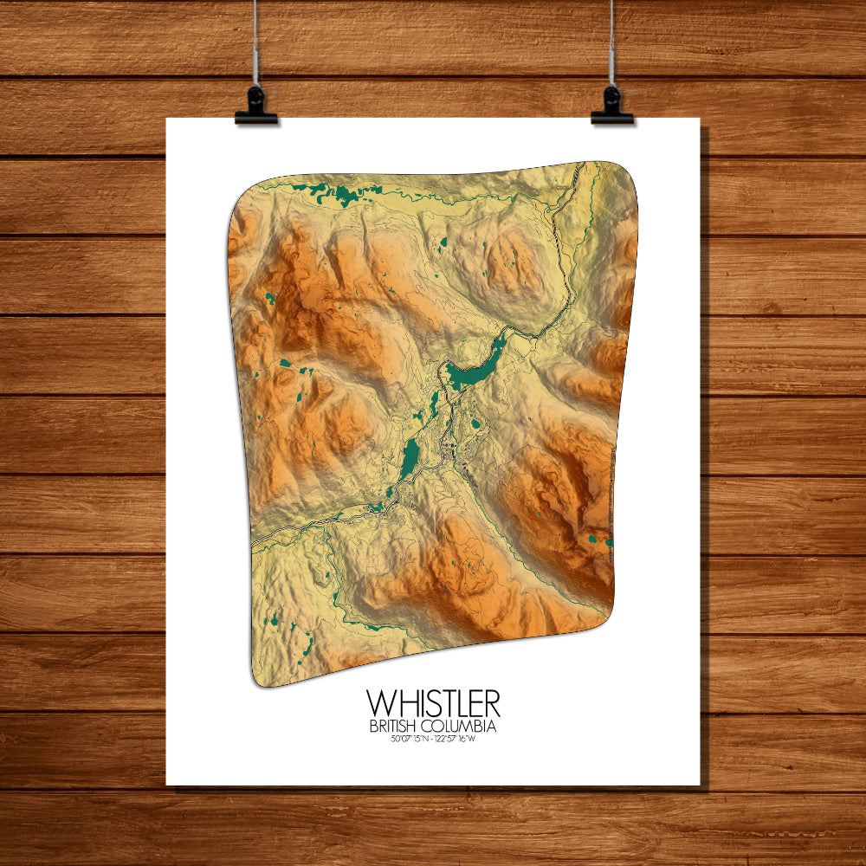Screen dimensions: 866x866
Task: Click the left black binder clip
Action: coord(255,106)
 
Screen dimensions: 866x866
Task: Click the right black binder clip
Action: coord(612,106)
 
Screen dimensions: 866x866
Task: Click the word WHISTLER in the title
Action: coord(433,702)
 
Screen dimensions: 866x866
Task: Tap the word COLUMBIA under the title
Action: coord(465,726)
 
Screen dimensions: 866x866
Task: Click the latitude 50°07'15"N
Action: coord(410,739)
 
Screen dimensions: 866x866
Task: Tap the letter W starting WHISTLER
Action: coord(377,702)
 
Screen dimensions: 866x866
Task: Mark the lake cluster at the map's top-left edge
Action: coord(325,191)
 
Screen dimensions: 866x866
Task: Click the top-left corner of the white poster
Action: coord(167,119)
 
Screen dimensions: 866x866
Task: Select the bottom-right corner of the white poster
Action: coord(699,785)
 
